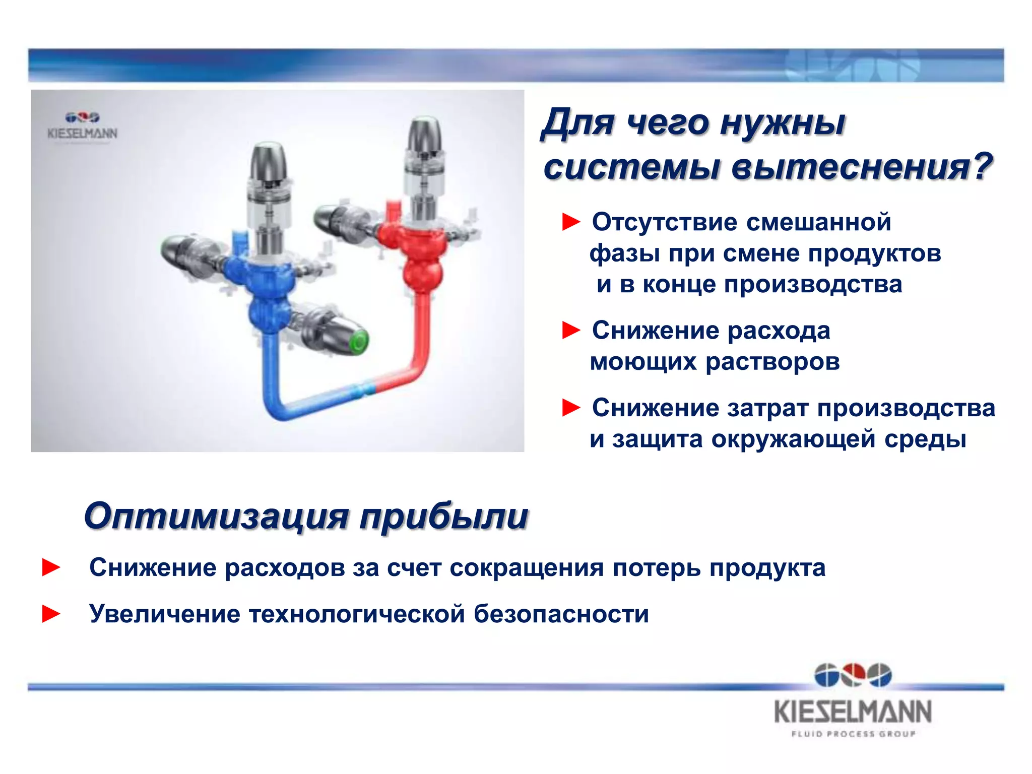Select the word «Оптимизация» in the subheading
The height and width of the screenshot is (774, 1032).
point(216,516)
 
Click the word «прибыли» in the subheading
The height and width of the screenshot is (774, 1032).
point(443,516)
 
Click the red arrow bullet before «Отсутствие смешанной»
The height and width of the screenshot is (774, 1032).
point(571,222)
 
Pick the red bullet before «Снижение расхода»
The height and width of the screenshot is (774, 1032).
point(571,331)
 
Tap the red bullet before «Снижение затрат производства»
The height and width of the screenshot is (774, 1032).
point(571,408)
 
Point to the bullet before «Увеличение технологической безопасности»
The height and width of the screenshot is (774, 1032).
point(51,614)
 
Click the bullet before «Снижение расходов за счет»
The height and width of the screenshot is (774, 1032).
point(51,567)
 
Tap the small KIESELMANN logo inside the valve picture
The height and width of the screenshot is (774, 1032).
point(83,126)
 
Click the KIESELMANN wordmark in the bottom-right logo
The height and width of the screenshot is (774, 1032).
point(853,712)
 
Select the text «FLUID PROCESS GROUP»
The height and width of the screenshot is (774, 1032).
point(853,734)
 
